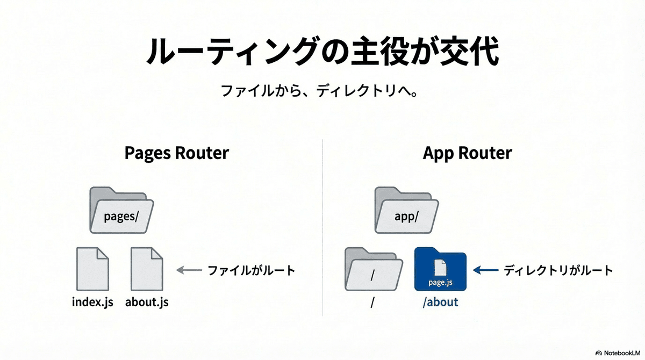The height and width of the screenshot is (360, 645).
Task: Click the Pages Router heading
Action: tap(176, 153)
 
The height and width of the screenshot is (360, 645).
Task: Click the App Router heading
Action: tap(467, 153)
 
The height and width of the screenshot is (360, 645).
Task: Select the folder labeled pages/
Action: tap(121, 210)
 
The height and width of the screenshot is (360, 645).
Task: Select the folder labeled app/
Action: tap(406, 210)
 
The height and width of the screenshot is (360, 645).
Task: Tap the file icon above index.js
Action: tap(92, 269)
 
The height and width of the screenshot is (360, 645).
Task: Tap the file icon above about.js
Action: tap(147, 269)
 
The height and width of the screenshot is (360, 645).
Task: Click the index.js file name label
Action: tap(92, 302)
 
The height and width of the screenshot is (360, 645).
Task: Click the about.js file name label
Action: tap(147, 302)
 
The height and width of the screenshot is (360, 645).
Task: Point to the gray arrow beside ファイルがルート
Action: tap(189, 270)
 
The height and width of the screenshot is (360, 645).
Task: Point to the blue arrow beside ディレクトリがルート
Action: tap(485, 270)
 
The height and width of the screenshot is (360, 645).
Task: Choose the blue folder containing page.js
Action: tap(440, 269)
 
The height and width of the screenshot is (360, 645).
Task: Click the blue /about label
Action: tap(440, 302)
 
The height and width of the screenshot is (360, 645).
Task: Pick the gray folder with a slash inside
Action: tap(374, 269)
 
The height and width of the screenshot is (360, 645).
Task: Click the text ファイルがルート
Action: tap(252, 270)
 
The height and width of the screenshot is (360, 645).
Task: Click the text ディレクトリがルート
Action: tap(558, 270)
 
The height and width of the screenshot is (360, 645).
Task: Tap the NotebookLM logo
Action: tap(618, 353)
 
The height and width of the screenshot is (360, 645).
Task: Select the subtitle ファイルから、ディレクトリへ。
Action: tap(320, 91)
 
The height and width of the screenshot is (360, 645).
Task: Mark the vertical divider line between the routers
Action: tap(322, 228)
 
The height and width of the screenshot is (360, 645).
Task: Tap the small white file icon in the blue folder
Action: tap(440, 268)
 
